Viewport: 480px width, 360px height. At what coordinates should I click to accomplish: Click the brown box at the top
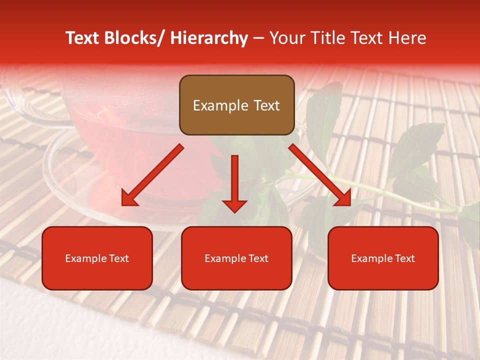(236, 105)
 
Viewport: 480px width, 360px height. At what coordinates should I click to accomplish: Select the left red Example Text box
(97, 258)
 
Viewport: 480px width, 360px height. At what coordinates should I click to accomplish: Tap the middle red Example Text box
(236, 258)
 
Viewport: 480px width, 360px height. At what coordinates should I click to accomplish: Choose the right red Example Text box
(383, 258)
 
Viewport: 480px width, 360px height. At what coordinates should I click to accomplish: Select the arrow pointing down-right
(320, 175)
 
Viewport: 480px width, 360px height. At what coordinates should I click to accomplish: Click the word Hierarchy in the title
(209, 38)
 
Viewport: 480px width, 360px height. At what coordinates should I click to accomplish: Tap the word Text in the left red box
(118, 258)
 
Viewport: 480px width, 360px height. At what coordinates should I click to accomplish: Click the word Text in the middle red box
(258, 258)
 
